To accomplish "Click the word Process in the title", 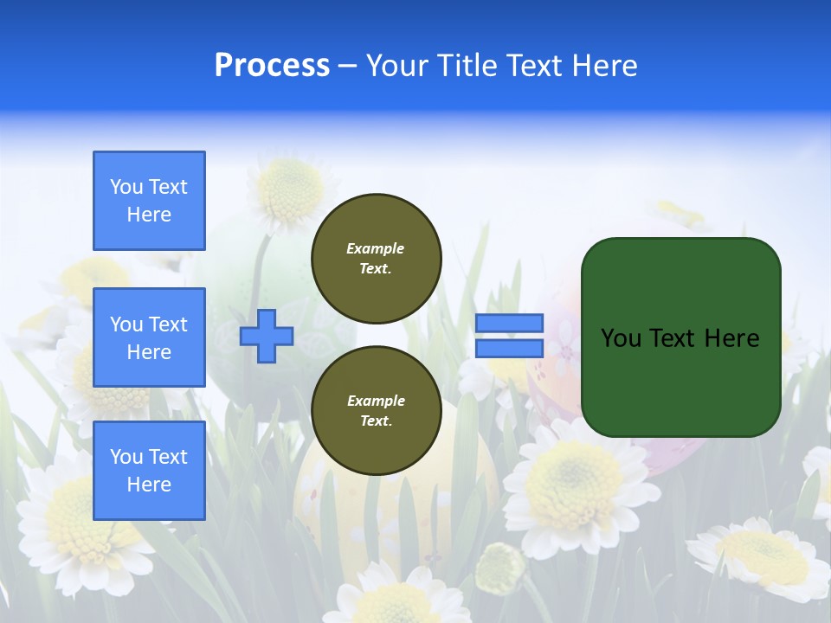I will [272, 66].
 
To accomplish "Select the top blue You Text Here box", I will [149, 201].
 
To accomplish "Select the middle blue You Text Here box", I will [149, 337].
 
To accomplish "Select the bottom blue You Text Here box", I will [149, 471].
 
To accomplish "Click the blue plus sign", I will [267, 336].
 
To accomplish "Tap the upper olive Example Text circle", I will [376, 259].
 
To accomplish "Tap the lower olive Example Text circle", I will [376, 411].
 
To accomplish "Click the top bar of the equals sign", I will [509, 323].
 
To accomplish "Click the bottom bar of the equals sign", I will [509, 348].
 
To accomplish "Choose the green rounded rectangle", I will [680, 381].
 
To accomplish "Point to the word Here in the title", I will [603, 66].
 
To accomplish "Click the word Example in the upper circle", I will [376, 248].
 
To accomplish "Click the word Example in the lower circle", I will [376, 401].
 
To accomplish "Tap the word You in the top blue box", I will [126, 187].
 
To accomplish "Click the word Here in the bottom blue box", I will [149, 485].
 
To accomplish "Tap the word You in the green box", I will [621, 338].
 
